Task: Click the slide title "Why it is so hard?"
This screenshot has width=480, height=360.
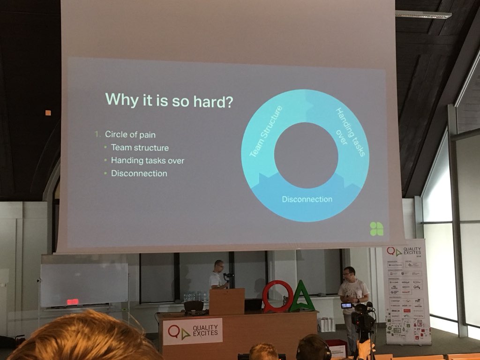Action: point(168,100)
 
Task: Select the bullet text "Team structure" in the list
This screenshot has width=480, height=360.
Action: point(140,147)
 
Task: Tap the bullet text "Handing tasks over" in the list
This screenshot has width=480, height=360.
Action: point(147,160)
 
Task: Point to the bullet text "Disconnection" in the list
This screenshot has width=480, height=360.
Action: point(139,173)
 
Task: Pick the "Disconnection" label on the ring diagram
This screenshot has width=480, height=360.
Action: point(307,199)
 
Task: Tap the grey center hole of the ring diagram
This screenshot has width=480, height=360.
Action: point(306,155)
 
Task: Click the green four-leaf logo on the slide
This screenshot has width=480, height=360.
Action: point(376,228)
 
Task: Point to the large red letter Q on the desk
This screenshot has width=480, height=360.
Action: point(277,296)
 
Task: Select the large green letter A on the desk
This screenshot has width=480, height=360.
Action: point(302,297)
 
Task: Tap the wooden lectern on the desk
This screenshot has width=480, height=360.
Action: point(226,301)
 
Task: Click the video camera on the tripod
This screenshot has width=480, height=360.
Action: point(362,319)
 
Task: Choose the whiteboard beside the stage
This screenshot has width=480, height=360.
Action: point(84,284)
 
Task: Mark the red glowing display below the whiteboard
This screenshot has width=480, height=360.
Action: point(73,301)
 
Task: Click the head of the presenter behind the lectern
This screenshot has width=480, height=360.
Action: point(219,265)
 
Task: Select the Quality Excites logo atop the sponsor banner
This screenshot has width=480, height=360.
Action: point(403,252)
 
